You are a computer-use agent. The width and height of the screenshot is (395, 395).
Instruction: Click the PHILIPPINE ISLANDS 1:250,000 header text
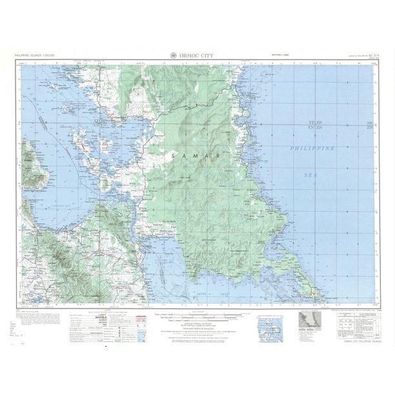pos(34,57)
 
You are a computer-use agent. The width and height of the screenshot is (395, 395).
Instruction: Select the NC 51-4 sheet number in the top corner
pos(369,57)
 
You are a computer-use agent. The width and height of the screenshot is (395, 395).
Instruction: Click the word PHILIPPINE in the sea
pos(314,149)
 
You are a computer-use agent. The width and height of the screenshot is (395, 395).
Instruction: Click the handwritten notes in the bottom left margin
pos(17,326)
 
